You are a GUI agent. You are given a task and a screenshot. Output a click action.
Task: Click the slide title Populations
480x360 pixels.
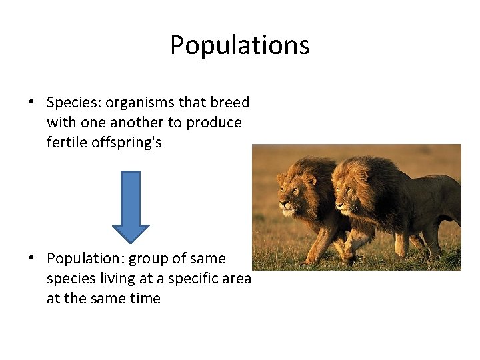(x=239, y=45)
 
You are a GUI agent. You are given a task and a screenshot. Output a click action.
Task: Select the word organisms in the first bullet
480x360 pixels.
(x=143, y=103)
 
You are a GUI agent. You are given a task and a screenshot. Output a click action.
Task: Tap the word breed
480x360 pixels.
(x=230, y=103)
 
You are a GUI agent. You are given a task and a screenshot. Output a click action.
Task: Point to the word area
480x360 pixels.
(x=236, y=279)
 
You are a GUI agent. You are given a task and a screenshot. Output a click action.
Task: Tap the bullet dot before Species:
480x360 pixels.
(x=31, y=103)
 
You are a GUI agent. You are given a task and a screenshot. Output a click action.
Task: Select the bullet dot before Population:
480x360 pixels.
(x=31, y=259)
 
